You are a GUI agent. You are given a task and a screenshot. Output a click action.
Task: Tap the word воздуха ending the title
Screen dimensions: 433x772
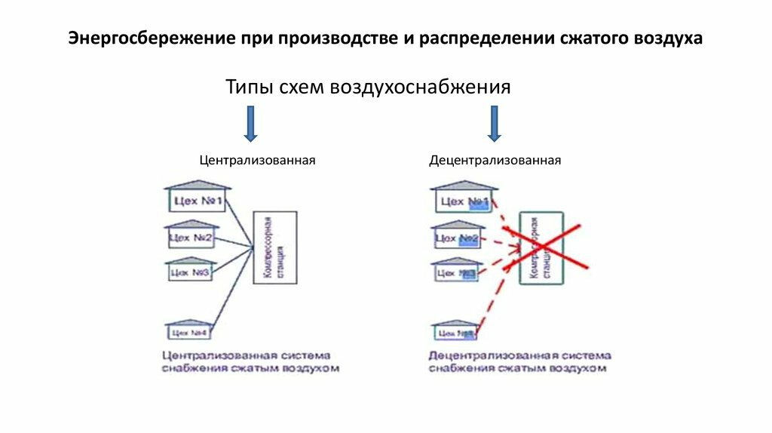666,38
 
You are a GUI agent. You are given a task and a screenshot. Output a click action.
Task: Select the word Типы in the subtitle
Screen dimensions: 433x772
250,87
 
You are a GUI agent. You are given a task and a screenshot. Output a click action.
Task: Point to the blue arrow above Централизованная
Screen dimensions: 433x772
251,124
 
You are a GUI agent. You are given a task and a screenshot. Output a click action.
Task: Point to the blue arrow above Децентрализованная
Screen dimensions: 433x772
495,124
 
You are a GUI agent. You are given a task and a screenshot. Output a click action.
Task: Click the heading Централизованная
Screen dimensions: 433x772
257,161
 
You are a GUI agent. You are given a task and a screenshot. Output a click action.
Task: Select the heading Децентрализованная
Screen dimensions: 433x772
495,161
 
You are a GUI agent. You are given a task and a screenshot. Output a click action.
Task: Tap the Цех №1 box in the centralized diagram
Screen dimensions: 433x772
196,201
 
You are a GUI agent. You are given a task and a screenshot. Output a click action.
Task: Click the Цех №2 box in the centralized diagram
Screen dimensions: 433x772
192,238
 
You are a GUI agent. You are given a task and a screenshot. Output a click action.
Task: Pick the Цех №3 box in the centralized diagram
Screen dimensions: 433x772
188,272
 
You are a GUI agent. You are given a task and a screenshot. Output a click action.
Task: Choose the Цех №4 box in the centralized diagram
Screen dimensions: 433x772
188,332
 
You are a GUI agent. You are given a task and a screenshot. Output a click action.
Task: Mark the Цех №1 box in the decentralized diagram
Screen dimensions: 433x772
463,201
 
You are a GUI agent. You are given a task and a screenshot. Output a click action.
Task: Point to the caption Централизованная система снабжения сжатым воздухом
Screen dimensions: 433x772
250,361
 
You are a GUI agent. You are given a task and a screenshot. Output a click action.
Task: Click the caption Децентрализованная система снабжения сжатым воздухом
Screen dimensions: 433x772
519,361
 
